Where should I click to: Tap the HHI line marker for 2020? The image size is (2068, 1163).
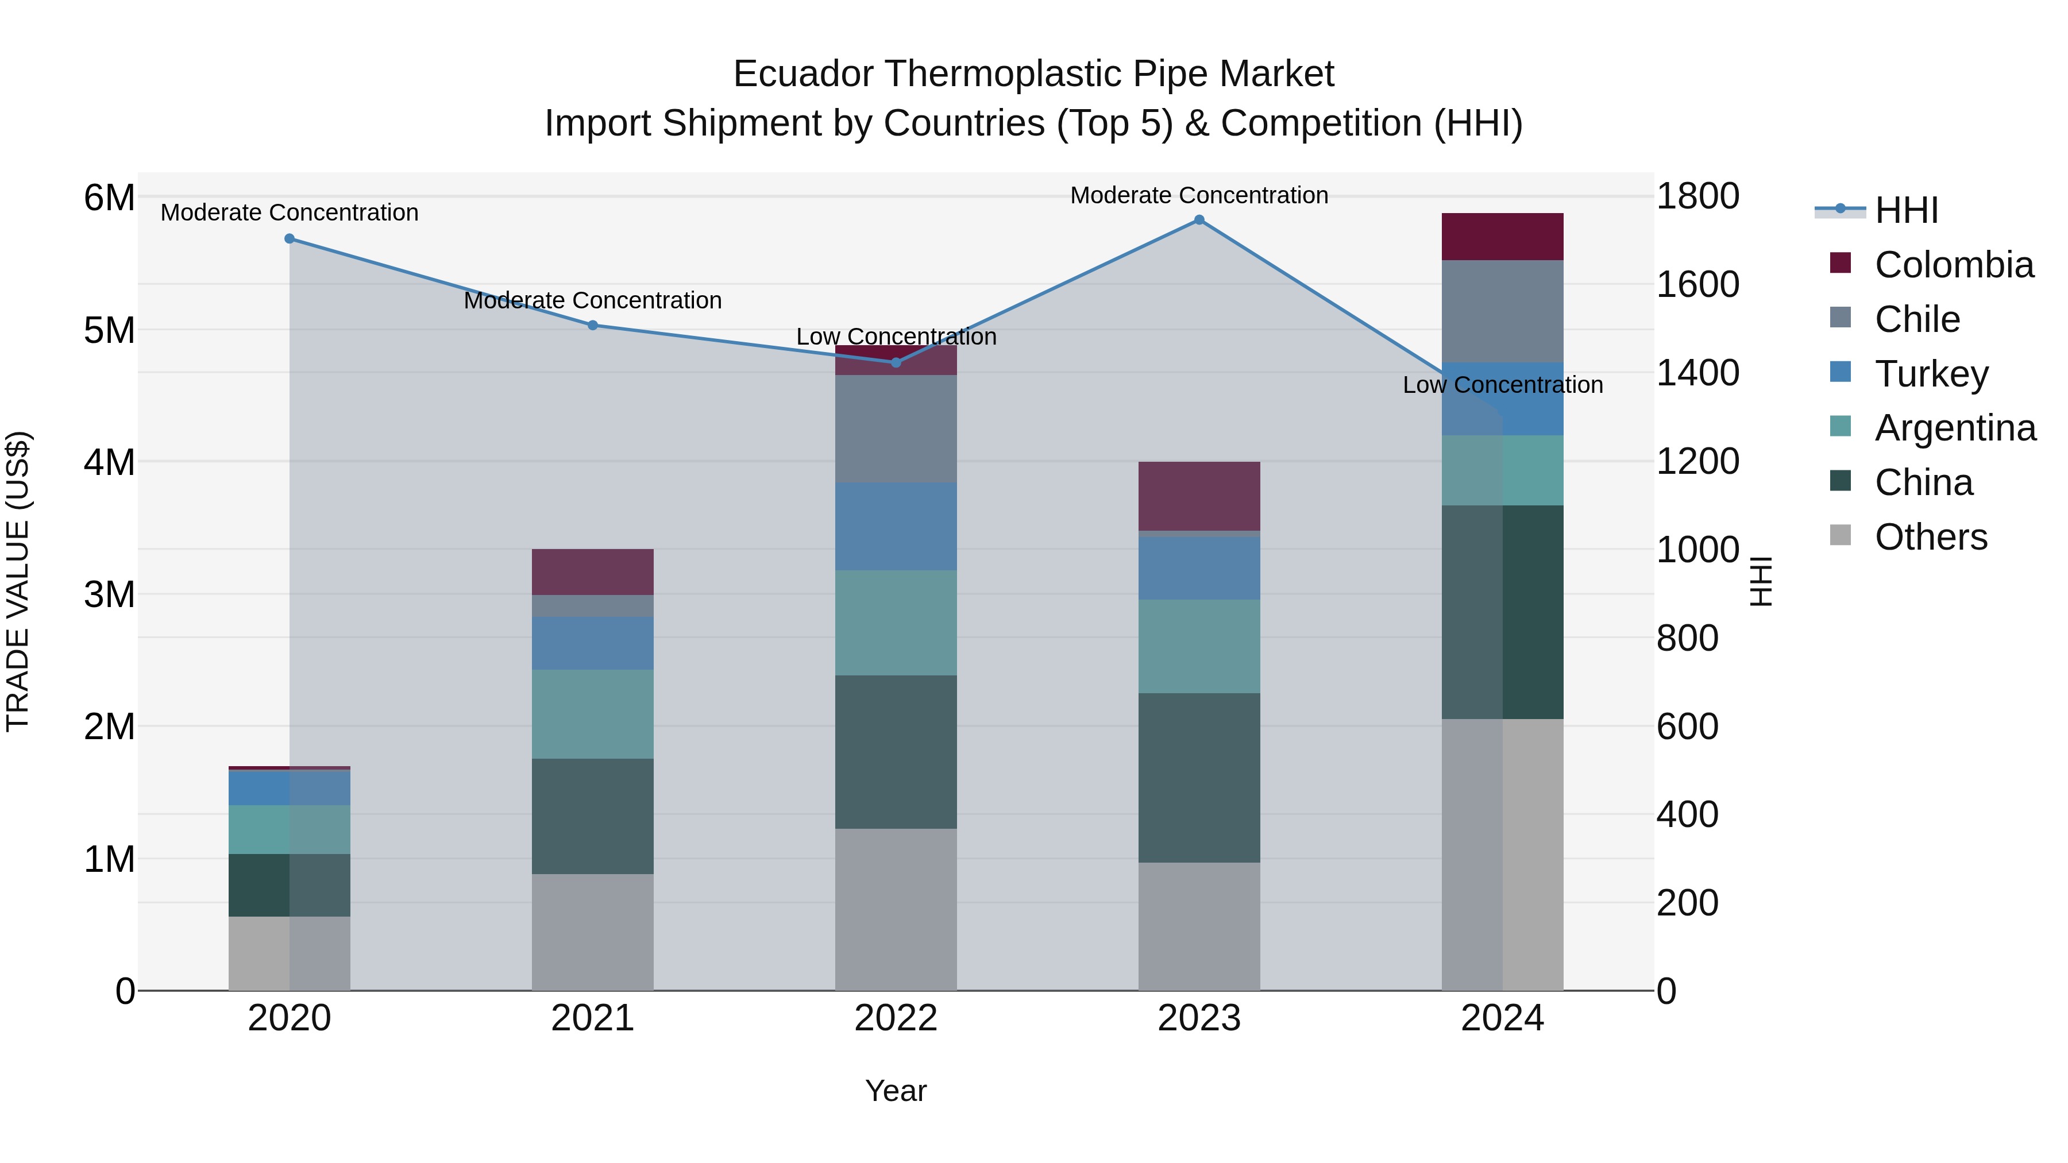click(x=290, y=238)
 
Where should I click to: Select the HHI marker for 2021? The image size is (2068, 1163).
click(x=592, y=325)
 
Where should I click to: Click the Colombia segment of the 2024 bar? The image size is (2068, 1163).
click(x=1502, y=237)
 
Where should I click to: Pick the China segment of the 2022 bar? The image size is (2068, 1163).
click(x=896, y=751)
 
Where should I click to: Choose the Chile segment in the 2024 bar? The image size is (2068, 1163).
click(x=1502, y=311)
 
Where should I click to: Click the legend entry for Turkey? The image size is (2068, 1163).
click(x=1931, y=374)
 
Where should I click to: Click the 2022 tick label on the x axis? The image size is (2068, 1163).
click(x=896, y=1018)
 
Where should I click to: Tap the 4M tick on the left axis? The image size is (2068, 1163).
click(x=109, y=462)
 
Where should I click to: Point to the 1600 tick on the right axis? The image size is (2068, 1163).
click(x=1697, y=285)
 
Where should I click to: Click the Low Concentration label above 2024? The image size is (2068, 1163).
click(x=1502, y=385)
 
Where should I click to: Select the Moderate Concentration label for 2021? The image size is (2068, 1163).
click(x=592, y=300)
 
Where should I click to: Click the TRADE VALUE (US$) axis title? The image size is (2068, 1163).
click(x=18, y=581)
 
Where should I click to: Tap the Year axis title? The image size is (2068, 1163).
click(x=896, y=1091)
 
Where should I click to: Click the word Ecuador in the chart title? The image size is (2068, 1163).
click(x=803, y=75)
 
